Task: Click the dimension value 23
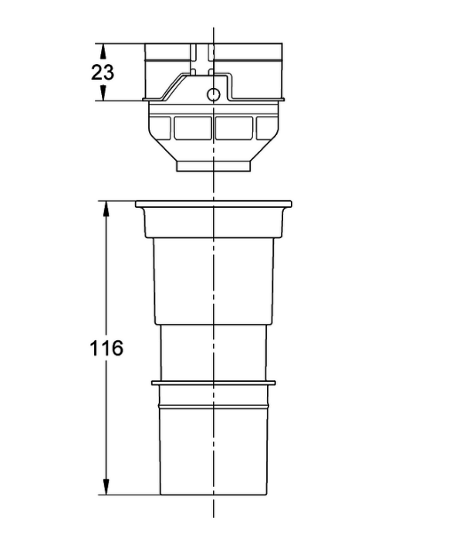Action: coord(103,73)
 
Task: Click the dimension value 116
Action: coord(106,348)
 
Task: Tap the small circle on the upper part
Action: coord(214,94)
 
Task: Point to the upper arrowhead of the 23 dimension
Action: coord(103,52)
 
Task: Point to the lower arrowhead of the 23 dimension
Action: coord(103,94)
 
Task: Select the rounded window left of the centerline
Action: coord(193,128)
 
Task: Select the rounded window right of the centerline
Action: coord(234,128)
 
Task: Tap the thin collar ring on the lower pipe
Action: coord(214,383)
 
